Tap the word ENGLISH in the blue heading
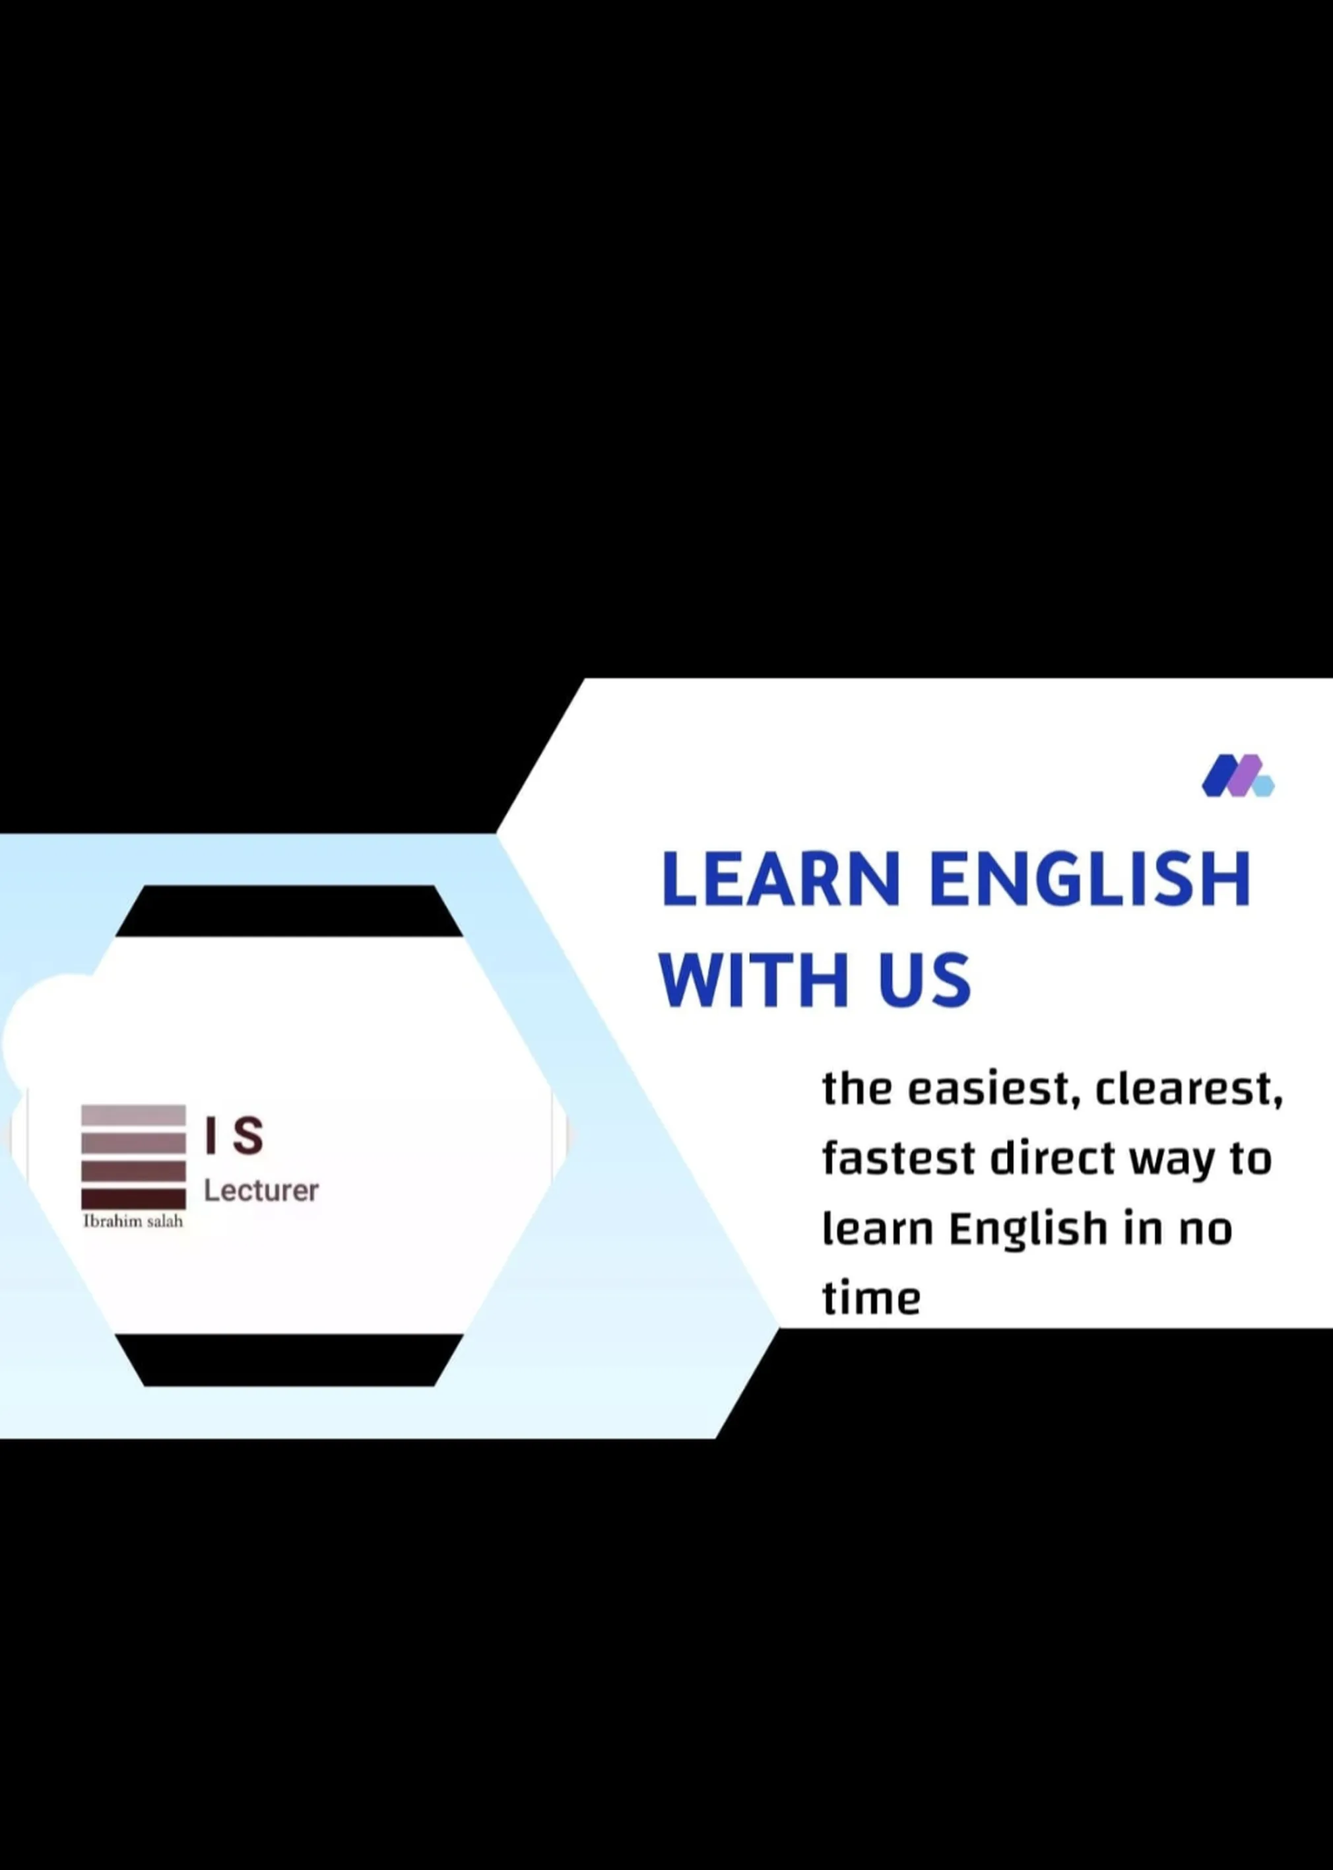click(1090, 880)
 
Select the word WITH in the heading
click(753, 980)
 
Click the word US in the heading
click(925, 980)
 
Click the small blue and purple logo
click(1237, 776)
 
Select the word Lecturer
click(261, 1190)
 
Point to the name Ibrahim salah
click(133, 1221)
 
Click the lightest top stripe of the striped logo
click(133, 1115)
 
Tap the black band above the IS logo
click(289, 911)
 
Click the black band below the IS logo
click(289, 1361)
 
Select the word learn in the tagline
click(878, 1229)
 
